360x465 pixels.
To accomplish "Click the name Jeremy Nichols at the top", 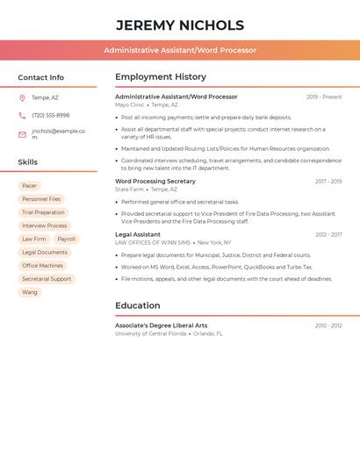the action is (179, 25).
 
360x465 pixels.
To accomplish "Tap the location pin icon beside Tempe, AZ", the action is (22, 98).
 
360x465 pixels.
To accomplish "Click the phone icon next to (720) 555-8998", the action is (22, 116).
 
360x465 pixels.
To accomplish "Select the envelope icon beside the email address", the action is (22, 134).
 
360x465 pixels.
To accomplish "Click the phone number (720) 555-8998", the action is (51, 116).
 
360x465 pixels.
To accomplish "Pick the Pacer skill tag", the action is (30, 186).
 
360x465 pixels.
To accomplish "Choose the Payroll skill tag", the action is (67, 239).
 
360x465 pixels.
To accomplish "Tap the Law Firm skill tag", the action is (34, 239).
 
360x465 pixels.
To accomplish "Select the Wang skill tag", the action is (30, 292).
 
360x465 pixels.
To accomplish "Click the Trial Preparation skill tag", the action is (43, 212).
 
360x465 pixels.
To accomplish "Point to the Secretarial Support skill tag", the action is (47, 279).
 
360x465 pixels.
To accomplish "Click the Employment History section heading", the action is (161, 77).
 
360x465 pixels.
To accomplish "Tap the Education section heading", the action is (138, 306).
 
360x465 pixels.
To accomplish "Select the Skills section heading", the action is (28, 162).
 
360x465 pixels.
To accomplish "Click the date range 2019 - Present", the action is (324, 97).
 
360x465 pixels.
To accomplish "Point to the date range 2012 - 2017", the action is (328, 235).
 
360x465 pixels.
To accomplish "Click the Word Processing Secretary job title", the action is (155, 182).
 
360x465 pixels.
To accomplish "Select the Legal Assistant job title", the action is (138, 235).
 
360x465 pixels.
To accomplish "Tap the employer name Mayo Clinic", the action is (130, 104).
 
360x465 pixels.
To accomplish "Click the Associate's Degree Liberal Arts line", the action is (162, 325).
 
